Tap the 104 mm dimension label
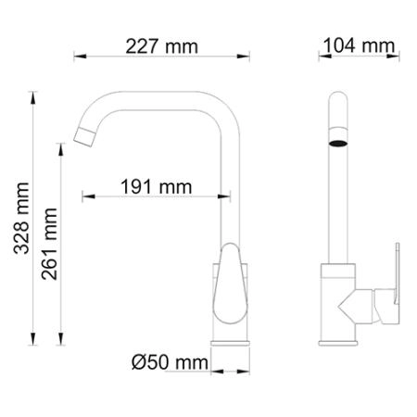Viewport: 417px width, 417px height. [358, 45]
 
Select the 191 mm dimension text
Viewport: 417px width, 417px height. [156, 186]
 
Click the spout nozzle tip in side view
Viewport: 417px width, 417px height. [84, 135]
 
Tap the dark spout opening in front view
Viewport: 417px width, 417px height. [339, 145]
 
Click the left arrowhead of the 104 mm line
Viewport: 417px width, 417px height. [322, 55]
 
